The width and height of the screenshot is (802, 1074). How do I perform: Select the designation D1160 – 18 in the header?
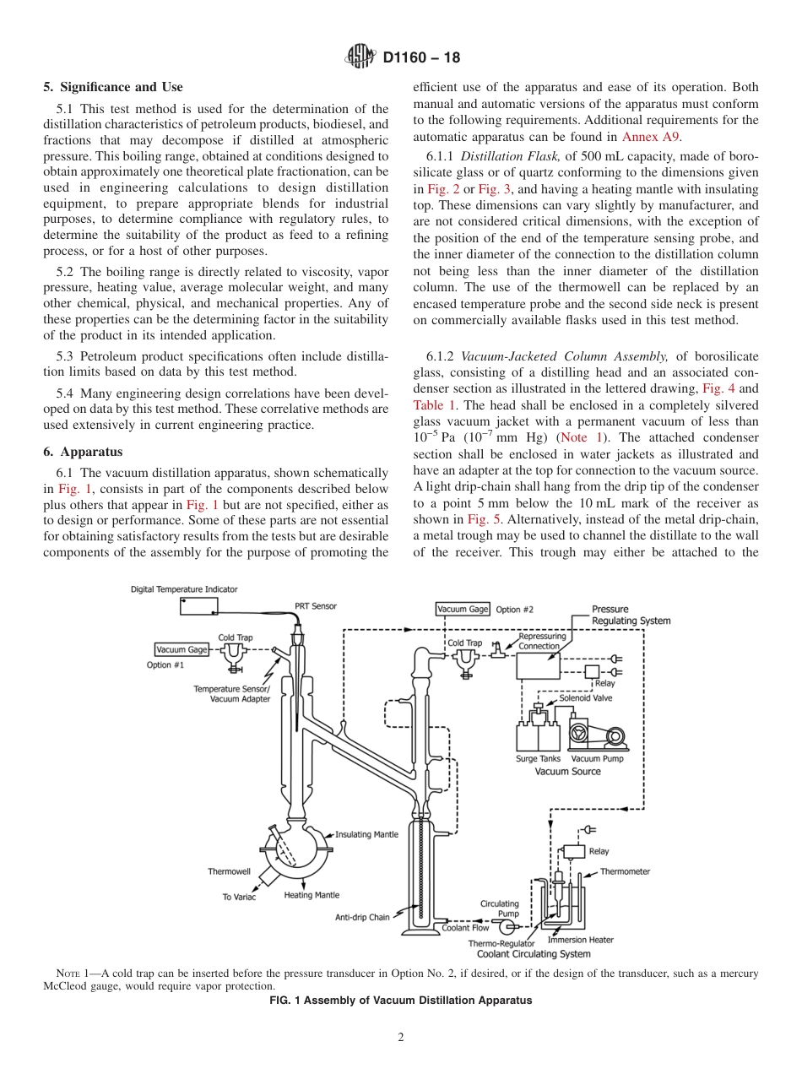(421, 58)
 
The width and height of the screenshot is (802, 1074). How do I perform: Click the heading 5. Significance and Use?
(113, 87)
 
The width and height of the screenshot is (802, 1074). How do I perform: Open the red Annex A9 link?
(651, 136)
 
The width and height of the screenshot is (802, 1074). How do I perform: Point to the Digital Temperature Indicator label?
(184, 589)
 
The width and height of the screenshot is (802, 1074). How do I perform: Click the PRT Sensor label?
(315, 605)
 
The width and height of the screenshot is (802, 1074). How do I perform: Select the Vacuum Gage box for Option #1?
(182, 649)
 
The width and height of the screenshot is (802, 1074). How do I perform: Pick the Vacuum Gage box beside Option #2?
(463, 609)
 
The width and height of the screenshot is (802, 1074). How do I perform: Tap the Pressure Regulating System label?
(631, 615)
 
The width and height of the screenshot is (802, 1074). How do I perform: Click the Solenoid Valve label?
(586, 698)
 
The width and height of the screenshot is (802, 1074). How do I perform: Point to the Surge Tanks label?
(538, 759)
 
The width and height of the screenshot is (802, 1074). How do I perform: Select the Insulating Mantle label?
(366, 835)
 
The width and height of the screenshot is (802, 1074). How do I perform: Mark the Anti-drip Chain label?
(362, 917)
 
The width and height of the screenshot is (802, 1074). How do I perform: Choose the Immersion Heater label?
(581, 940)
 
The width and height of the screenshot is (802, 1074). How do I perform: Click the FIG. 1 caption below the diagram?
(400, 1001)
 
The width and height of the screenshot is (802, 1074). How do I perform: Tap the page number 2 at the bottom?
(401, 1038)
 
